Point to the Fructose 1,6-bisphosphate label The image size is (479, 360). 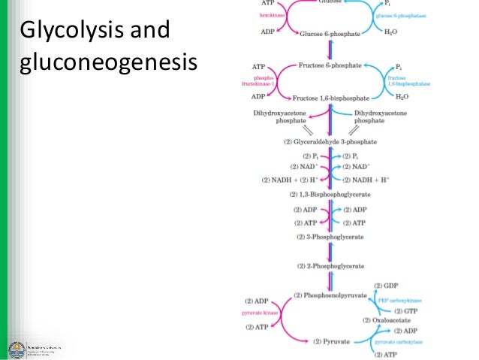click(x=330, y=97)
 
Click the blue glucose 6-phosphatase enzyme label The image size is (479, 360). click(x=402, y=14)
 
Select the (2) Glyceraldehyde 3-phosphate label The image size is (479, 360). click(x=330, y=141)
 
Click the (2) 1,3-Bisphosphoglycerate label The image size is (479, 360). click(x=330, y=194)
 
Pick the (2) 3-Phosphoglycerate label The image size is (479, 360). click(x=330, y=237)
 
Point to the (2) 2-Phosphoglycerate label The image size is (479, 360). click(x=330, y=266)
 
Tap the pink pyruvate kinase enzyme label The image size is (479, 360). click(x=260, y=310)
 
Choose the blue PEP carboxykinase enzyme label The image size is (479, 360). click(x=405, y=298)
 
